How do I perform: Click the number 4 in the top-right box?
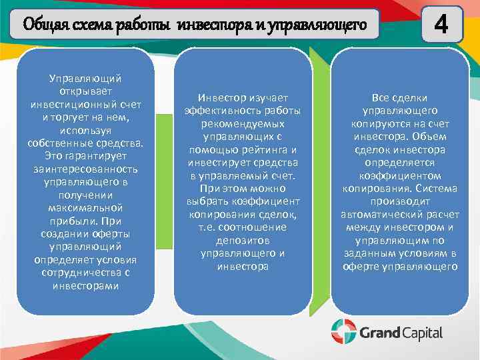(x=441, y=25)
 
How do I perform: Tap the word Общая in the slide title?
(x=45, y=25)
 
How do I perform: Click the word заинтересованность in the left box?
(x=85, y=169)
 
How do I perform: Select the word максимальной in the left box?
(x=85, y=208)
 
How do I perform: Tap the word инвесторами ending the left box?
(x=85, y=286)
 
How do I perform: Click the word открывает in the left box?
(x=85, y=91)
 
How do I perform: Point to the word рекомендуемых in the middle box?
(x=243, y=123)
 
